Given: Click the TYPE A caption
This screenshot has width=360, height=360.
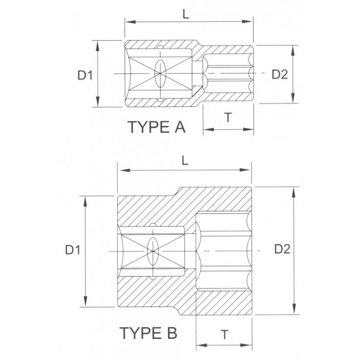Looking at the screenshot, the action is click(x=156, y=127).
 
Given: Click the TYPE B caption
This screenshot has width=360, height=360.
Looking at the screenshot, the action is click(x=148, y=333).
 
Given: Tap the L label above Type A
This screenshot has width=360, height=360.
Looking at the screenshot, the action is click(x=186, y=14).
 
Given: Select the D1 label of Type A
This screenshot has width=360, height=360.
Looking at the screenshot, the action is click(x=85, y=75).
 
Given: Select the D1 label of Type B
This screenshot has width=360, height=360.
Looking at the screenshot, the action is click(x=73, y=250).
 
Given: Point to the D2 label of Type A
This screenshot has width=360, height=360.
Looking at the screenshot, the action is click(x=280, y=74).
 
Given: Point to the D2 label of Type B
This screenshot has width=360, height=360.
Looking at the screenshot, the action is click(x=282, y=249).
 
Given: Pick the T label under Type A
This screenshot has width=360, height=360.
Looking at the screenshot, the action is click(x=228, y=117).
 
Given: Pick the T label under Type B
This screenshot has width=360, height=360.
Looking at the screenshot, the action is click(x=225, y=334).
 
